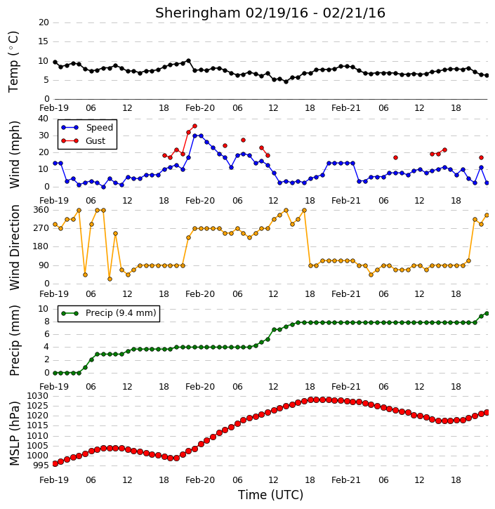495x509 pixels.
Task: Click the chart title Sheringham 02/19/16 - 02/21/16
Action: pos(270,13)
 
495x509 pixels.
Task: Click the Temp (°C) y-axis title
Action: pos(13,62)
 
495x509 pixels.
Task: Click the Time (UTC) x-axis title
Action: pos(270,495)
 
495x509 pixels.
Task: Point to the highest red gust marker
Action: pos(194,126)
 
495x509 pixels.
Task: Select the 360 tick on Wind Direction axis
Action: pos(41,210)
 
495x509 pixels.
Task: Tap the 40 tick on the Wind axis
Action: pos(44,119)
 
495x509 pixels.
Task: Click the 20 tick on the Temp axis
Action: pos(44,22)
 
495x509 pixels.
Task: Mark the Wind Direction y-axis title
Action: pos(14,247)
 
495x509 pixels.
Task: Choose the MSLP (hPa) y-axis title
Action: pos(14,433)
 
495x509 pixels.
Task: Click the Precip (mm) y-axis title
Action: pos(14,341)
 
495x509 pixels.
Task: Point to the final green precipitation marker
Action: pos(487,314)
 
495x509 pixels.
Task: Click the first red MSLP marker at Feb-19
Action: pos(55,463)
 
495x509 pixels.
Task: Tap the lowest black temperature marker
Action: pos(286,82)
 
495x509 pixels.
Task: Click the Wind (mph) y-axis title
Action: pos(14,154)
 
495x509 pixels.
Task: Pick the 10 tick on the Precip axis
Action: pos(44,309)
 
